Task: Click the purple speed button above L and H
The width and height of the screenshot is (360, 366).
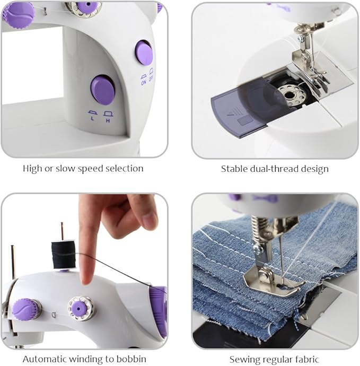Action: [103, 90]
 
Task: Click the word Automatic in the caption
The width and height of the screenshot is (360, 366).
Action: [45, 360]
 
